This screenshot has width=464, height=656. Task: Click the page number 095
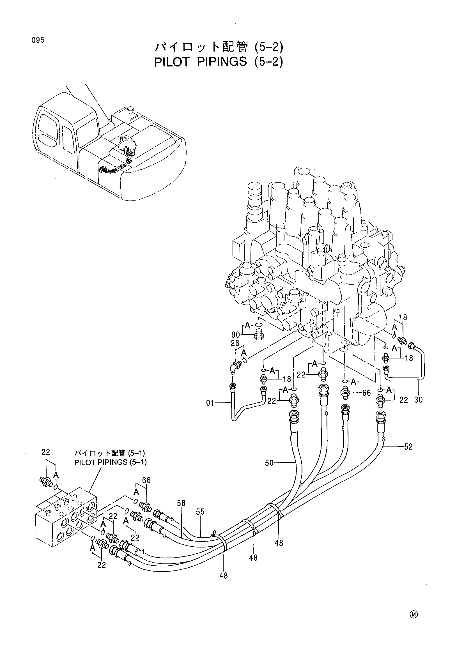click(x=38, y=40)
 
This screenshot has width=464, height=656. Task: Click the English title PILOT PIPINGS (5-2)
click(x=219, y=62)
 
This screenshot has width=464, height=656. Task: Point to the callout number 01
click(x=210, y=403)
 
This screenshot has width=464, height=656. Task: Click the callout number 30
click(x=418, y=399)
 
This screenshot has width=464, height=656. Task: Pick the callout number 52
click(x=408, y=446)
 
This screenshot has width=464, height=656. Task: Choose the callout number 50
click(x=269, y=463)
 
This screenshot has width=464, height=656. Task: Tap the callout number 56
click(x=181, y=503)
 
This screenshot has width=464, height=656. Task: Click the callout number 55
click(x=200, y=512)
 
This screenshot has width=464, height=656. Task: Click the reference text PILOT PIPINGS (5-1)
click(x=110, y=462)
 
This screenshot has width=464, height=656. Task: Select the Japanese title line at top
click(x=219, y=47)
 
